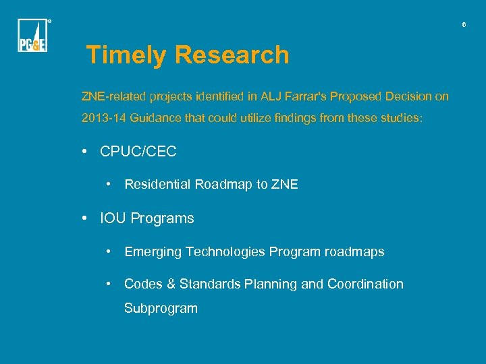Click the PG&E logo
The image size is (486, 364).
click(32, 36)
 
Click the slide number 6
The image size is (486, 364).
click(464, 25)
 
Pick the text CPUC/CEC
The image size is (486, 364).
click(138, 152)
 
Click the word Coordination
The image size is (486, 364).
click(365, 284)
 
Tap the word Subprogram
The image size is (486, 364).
click(161, 309)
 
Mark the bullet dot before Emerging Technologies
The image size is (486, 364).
click(109, 252)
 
